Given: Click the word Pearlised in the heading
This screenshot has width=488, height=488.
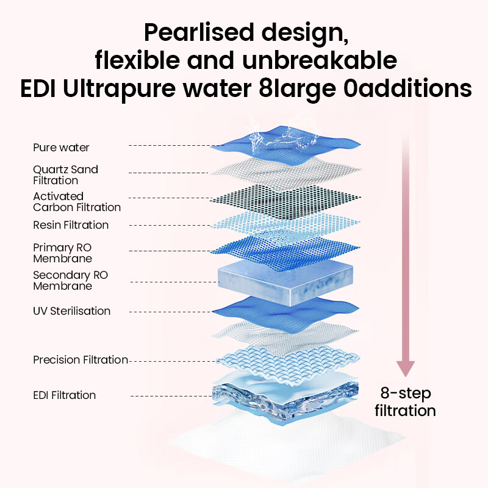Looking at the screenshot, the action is (x=199, y=32).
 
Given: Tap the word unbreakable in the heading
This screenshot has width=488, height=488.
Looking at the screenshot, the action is (x=320, y=60).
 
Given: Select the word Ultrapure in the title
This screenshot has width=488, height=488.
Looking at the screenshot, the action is (x=119, y=88).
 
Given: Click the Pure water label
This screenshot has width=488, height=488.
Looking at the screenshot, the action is (x=61, y=148).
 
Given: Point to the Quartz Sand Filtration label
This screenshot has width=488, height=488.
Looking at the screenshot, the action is (x=65, y=175).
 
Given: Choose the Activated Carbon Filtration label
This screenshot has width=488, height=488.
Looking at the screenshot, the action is (x=77, y=202).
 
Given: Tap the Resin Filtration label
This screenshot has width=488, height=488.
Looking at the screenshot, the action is (x=71, y=225).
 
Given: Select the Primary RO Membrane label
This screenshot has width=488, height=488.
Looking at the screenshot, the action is (x=62, y=253).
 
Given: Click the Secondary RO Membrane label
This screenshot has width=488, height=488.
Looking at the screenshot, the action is (x=70, y=281).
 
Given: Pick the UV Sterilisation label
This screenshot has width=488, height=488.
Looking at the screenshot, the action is (x=71, y=311).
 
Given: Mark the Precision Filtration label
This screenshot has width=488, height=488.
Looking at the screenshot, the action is (x=81, y=360).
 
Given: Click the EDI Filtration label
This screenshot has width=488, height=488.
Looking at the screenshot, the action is (x=65, y=395).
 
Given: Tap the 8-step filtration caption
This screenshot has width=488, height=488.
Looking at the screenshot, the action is (x=405, y=402).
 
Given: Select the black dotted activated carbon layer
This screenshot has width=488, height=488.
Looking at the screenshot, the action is (x=285, y=201).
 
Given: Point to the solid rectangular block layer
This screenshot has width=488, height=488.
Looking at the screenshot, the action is (x=285, y=282).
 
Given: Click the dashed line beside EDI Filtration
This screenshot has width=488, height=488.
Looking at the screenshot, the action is (x=171, y=396).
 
